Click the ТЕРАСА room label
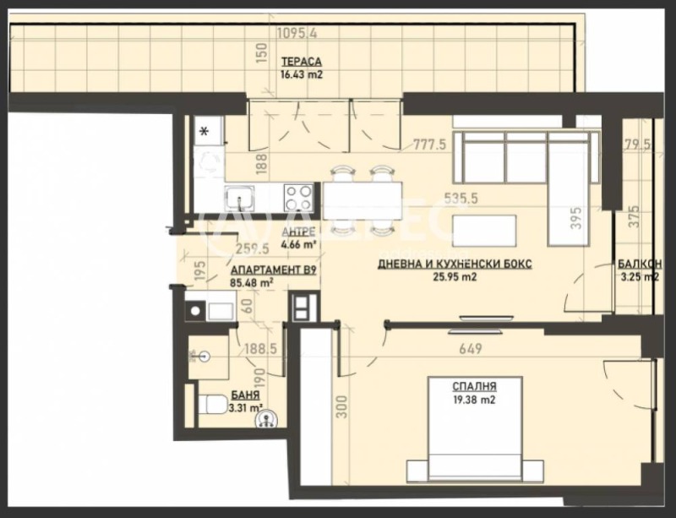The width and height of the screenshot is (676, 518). [x=301, y=62]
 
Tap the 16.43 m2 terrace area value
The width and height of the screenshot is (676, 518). [x=301, y=74]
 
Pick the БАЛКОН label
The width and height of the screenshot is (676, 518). [x=639, y=263]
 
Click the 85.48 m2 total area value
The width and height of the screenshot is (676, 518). [x=253, y=284]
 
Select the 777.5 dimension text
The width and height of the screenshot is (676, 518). [x=429, y=144]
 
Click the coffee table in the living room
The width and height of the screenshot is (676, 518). [x=486, y=228]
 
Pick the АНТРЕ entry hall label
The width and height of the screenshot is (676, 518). [x=299, y=232]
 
